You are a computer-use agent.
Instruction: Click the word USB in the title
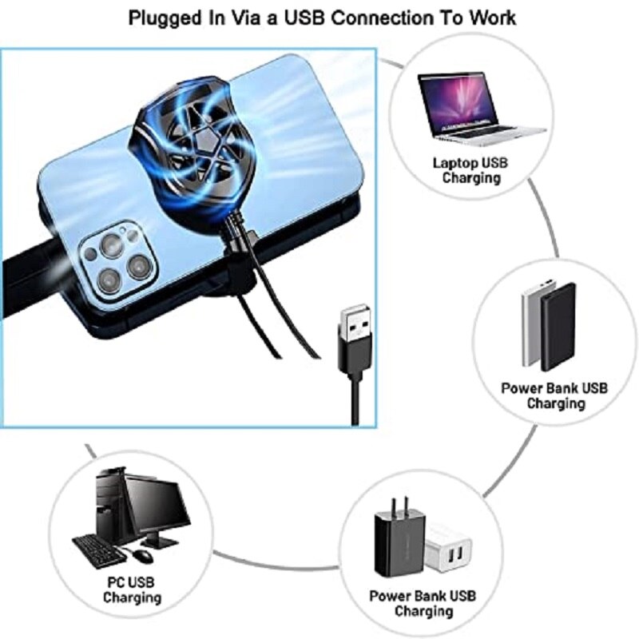pos(305,18)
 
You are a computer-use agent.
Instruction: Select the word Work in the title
pos(492,18)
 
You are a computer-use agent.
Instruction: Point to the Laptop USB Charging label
pos(470,170)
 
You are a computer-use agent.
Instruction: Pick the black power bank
pos(558,327)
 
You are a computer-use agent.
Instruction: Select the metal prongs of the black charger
pos(400,506)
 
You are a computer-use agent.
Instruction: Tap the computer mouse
pos(143,555)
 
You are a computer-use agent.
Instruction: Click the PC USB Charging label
pos(132,590)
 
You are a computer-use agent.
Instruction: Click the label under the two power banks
pos(554,395)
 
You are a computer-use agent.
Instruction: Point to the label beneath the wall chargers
pos(423,604)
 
